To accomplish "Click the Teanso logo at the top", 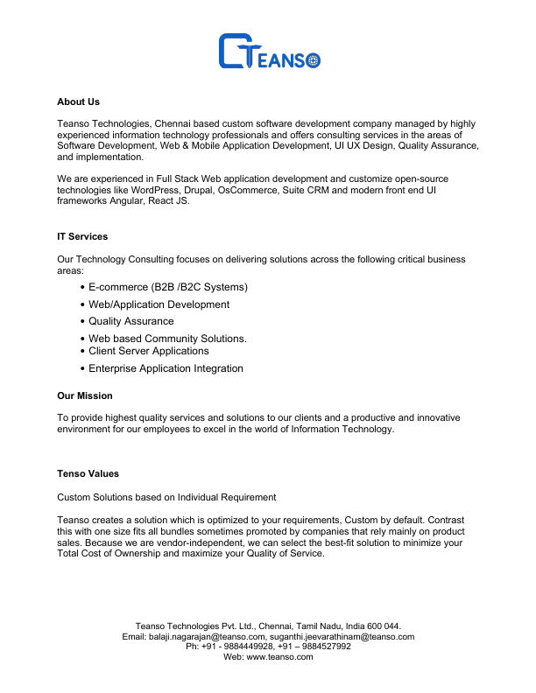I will click(269, 52).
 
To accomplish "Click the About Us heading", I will click(78, 102).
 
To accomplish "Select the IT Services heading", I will click(82, 237).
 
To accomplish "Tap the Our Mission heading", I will click(85, 396).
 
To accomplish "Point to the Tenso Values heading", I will click(88, 474).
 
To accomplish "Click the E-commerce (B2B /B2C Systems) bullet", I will click(168, 287).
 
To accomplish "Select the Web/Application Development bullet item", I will click(159, 304).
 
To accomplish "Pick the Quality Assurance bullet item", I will click(131, 321).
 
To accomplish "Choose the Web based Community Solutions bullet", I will click(167, 339).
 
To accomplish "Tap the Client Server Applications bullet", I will click(148, 351).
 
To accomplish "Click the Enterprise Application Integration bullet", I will click(166, 368).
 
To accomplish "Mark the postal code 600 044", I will click(384, 626).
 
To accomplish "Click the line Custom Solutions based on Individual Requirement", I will click(166, 497).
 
